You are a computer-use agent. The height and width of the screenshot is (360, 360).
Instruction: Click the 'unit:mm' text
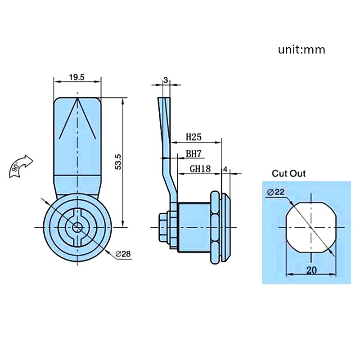[x=301, y=49]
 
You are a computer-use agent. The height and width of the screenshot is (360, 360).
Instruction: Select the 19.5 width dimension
[x=77, y=77]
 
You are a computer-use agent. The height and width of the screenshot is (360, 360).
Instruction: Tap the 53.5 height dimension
[x=118, y=161]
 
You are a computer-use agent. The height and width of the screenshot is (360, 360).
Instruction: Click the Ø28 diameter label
[x=122, y=255]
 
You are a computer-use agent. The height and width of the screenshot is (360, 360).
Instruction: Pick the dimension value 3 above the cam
[x=166, y=80]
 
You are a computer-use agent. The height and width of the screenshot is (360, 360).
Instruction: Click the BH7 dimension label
[x=193, y=154]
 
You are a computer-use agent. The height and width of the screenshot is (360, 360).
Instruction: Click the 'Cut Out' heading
[x=288, y=174]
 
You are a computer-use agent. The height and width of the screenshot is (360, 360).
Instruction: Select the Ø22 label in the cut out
[x=276, y=192]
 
